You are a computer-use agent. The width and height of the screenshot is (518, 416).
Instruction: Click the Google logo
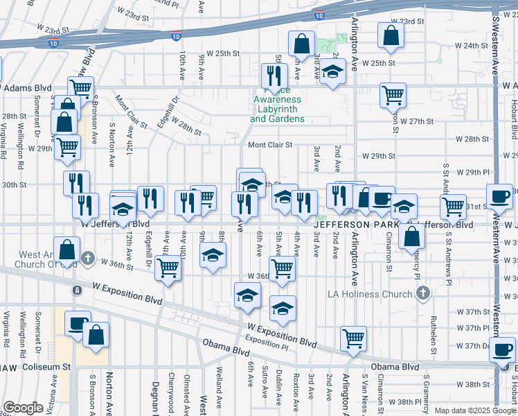coord(23,408)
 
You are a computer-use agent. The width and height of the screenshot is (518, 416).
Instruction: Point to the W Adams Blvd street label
coord(28,88)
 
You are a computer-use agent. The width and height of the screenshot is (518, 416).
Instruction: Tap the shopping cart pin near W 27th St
coord(393,94)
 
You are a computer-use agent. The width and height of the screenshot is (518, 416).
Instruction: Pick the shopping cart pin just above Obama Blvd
coord(354,338)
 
